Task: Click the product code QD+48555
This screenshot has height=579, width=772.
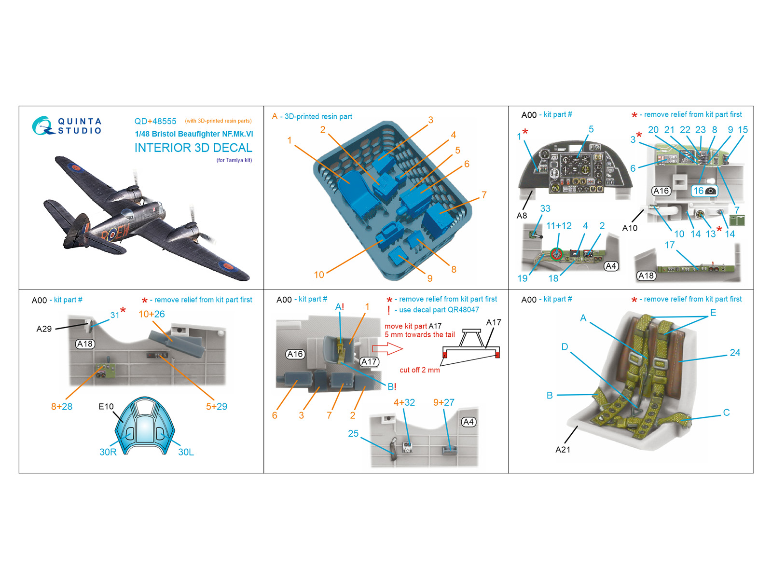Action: click(x=155, y=121)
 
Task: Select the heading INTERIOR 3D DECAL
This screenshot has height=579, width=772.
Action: click(x=193, y=148)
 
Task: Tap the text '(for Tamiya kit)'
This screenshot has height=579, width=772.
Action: click(x=234, y=160)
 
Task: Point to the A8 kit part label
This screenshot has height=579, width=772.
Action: click(x=522, y=216)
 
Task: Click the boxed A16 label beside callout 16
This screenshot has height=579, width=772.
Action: click(x=661, y=191)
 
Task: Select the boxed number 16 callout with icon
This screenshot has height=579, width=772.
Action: click(x=704, y=191)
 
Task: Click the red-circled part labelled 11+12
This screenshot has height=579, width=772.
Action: click(x=556, y=253)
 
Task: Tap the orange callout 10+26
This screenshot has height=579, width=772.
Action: click(x=152, y=314)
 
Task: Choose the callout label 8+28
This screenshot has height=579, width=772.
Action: click(x=62, y=406)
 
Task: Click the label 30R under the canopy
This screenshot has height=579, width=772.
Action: click(x=108, y=452)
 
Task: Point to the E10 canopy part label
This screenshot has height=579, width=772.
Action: click(x=106, y=406)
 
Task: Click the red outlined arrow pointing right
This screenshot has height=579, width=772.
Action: click(x=387, y=349)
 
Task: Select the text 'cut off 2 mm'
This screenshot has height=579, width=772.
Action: click(x=420, y=370)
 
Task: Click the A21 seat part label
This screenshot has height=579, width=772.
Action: click(x=563, y=450)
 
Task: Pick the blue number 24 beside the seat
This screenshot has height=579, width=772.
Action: click(x=735, y=353)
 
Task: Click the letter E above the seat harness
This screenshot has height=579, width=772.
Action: click(x=713, y=313)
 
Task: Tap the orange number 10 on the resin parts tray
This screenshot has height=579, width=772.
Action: click(x=319, y=275)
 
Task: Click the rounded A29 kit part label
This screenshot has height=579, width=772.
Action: click(x=44, y=329)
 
